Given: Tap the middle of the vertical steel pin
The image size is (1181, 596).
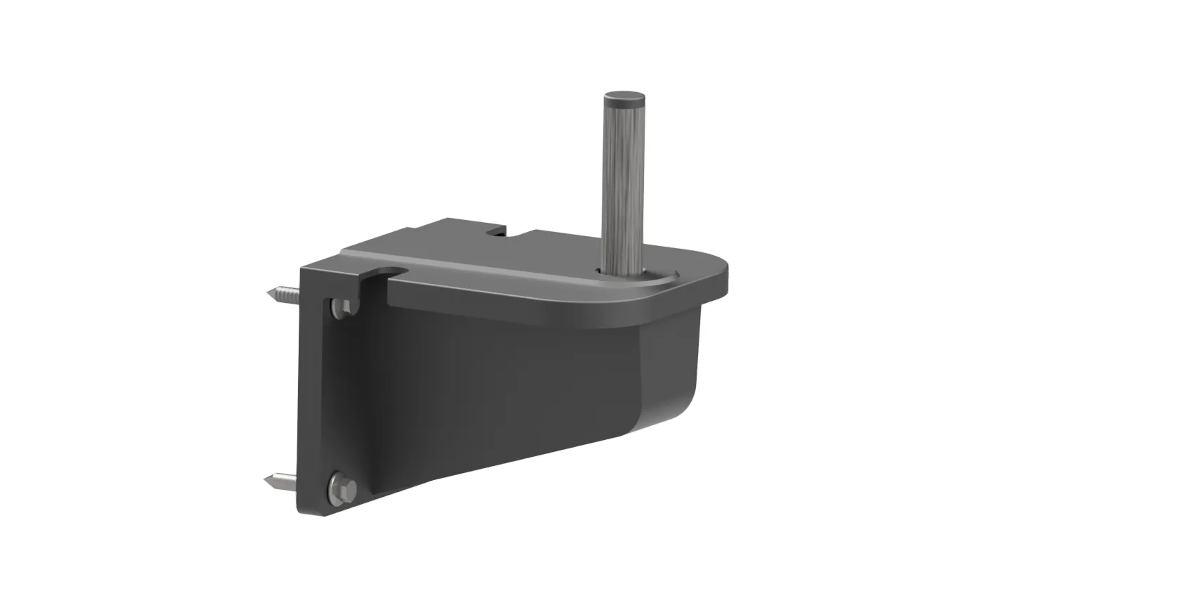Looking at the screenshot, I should point(624,183).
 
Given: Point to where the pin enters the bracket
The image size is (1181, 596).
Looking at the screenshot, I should point(623,269).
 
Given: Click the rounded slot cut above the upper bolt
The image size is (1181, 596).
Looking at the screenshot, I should point(389,273).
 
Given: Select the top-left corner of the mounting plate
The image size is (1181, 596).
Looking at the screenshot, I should point(304,268).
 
